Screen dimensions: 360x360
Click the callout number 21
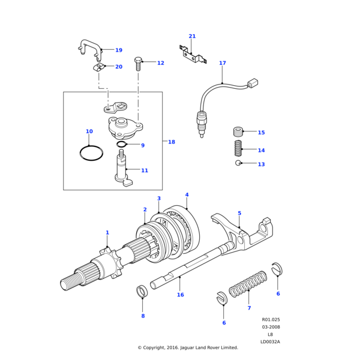(x=192, y=36)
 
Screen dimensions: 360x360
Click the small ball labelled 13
(x=238, y=163)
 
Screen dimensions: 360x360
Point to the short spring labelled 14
(x=238, y=148)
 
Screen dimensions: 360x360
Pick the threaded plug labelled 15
(x=238, y=131)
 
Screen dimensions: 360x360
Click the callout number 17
(x=223, y=63)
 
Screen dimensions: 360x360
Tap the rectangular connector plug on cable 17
(x=253, y=83)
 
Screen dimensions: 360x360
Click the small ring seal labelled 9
(x=121, y=145)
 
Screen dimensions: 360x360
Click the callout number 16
(x=180, y=295)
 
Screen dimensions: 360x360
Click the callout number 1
(x=107, y=232)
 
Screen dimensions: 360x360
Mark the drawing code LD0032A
(x=270, y=341)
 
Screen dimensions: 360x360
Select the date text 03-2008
(x=270, y=327)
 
